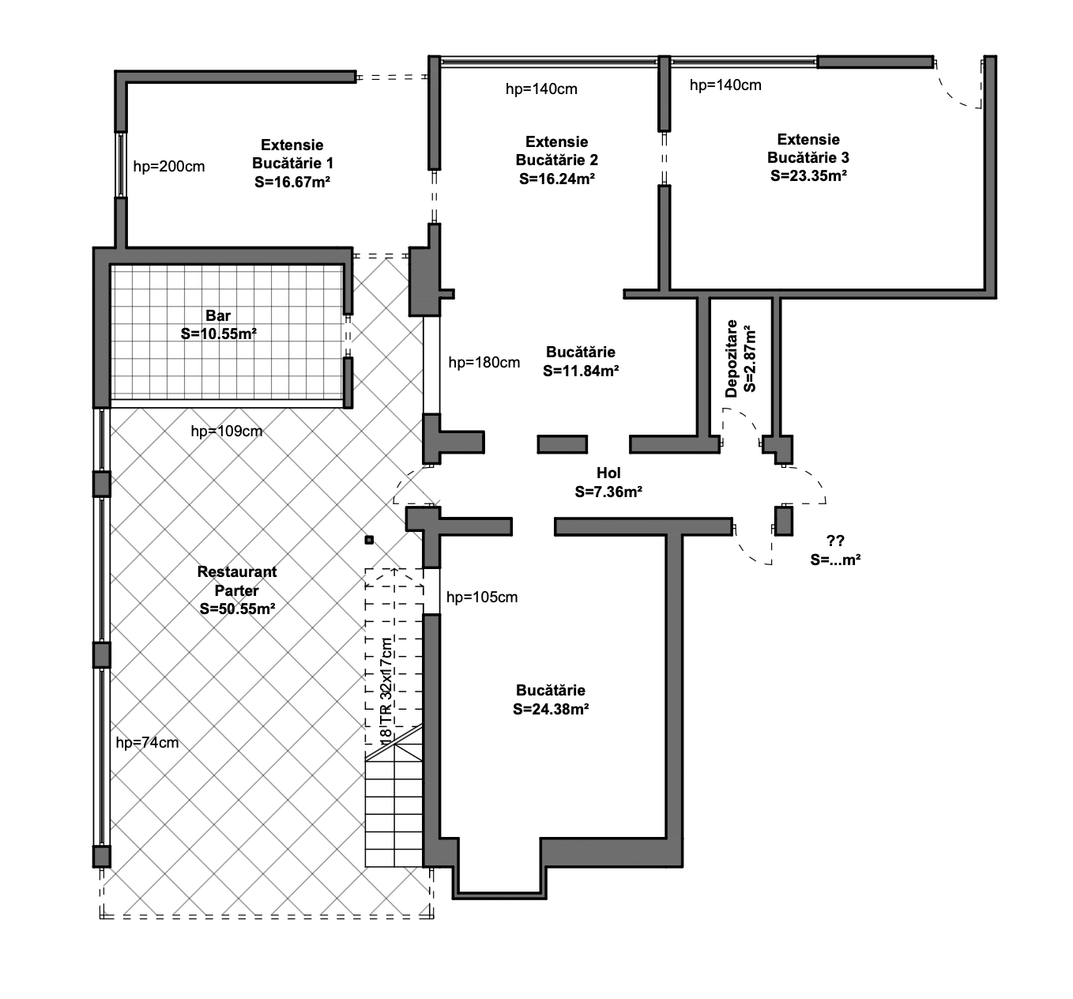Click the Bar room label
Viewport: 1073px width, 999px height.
218,315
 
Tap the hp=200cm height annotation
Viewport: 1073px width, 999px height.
169,167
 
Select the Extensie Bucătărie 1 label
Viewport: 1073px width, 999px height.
292,154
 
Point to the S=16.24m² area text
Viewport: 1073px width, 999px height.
557,179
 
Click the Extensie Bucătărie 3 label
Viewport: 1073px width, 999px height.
808,149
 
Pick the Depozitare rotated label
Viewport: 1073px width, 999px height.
731,359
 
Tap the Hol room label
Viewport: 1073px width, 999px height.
608,473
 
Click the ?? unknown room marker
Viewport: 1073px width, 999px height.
835,541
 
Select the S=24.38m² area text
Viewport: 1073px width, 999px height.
551,709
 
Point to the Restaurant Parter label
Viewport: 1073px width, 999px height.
237,581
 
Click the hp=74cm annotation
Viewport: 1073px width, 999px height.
147,743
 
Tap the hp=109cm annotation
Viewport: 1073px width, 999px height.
227,432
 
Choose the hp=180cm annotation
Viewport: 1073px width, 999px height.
484,363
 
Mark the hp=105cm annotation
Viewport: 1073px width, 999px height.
482,598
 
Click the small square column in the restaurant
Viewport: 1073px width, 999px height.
369,540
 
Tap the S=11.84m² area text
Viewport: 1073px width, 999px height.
581,371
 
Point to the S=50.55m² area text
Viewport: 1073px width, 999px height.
237,609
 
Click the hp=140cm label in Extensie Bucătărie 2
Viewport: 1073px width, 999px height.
541,89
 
